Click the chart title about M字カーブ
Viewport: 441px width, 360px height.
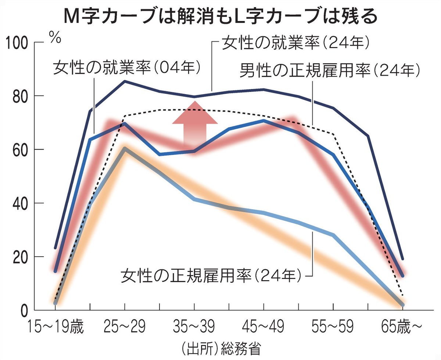coord(220,16)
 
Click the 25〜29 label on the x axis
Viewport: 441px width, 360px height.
coord(125,326)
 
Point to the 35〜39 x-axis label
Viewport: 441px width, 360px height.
coord(194,326)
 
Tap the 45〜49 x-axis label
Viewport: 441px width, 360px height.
coord(263,326)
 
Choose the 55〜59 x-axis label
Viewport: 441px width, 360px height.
coord(333,326)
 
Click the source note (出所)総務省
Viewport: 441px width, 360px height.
coord(220,348)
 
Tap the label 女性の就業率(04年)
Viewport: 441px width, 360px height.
coord(127,68)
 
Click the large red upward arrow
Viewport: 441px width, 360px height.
coord(195,123)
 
